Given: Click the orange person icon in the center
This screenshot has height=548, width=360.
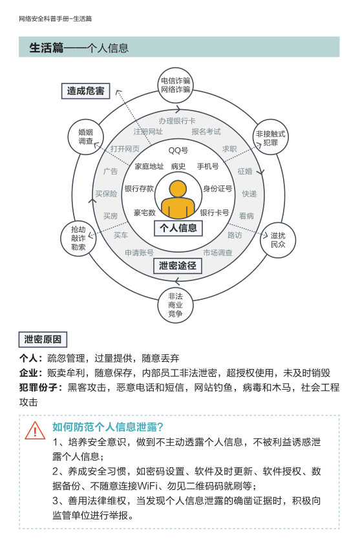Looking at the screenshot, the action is click(178, 200).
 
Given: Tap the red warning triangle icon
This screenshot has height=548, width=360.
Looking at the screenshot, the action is click(35, 430).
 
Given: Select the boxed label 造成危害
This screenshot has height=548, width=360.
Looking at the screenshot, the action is click(85, 91).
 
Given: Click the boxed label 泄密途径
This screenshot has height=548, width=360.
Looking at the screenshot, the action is click(178, 266).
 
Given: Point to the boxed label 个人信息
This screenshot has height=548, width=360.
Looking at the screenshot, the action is click(178, 228).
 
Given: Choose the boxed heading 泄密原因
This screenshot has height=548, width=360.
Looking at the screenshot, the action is click(43, 339).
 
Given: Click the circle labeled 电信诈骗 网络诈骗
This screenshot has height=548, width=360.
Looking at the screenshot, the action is click(175, 85).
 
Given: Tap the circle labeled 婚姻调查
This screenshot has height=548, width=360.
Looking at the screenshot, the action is click(85, 136).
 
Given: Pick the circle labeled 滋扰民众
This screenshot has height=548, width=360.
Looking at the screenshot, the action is click(278, 240).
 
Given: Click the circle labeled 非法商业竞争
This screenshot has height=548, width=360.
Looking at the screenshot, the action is click(175, 305).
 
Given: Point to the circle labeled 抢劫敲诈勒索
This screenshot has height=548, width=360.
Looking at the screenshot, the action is click(78, 238).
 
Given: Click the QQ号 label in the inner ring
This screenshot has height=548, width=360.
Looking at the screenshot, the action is click(178, 151).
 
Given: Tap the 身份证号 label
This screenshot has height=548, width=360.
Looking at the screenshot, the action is click(218, 189).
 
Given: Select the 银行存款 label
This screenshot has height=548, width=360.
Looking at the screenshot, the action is click(139, 189).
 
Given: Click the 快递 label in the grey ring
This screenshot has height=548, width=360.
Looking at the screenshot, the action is click(249, 194).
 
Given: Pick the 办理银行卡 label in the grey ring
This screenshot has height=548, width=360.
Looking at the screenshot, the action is click(177, 121).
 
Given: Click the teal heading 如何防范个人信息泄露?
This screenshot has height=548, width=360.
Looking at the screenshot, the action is click(108, 427).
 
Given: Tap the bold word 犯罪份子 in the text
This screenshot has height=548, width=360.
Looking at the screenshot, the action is click(38, 388).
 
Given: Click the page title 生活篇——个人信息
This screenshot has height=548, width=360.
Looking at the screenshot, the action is click(79, 48).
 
